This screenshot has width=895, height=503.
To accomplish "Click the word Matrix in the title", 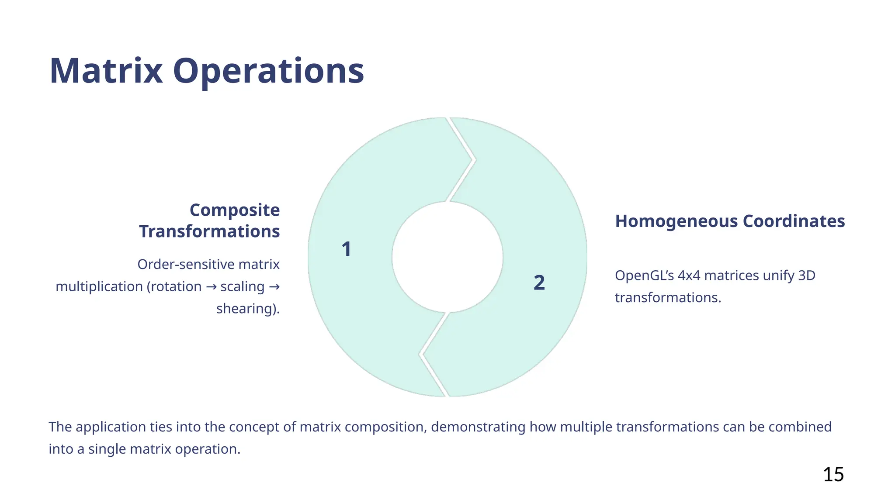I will pos(106,71).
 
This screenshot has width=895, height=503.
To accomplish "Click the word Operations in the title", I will pos(268,71).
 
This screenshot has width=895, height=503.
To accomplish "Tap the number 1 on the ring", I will pos(346,249).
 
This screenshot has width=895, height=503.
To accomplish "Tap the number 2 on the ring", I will pos(539,283).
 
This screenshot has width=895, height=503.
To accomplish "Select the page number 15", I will pos(833,474).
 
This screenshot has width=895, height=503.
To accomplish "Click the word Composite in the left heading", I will pos(235,210).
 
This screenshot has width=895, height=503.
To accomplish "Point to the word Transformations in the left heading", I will pos(209,231).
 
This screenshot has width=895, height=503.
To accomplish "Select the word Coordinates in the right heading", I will pos(794,221).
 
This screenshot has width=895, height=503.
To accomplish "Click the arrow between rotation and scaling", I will pos(211,287).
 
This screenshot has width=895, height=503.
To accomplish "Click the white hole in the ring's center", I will pos(447,257).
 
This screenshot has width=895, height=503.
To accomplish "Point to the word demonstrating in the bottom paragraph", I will pos(478,427).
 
